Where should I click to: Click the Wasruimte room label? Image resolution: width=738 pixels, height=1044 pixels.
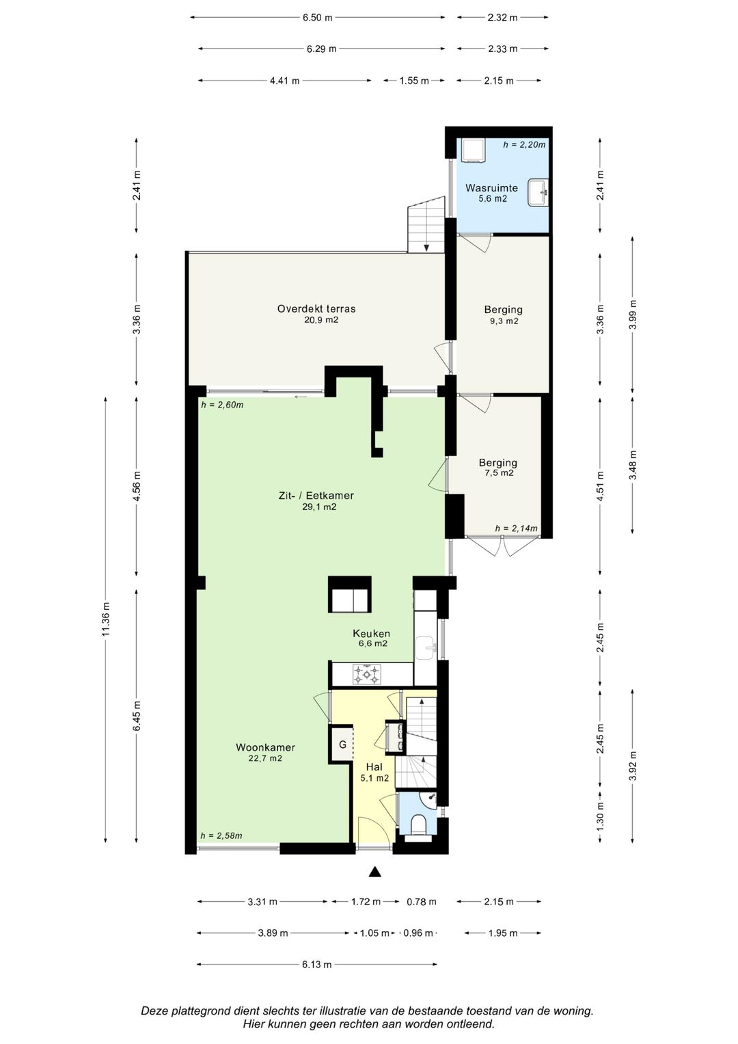coord(491,188)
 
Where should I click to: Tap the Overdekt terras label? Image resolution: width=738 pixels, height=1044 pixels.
coord(316,308)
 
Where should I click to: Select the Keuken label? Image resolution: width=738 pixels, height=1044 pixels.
coord(371,633)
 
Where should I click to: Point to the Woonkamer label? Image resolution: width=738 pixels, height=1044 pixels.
coord(266,747)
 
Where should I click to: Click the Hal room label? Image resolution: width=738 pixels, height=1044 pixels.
coord(374,766)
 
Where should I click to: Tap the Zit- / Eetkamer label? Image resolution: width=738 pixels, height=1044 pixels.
coord(316,496)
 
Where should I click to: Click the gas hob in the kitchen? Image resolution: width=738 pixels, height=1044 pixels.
coord(367,674)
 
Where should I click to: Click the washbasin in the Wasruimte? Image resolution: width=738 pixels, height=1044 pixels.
coord(538,192)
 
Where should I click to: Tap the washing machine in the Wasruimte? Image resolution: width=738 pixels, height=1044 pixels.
coord(473,150)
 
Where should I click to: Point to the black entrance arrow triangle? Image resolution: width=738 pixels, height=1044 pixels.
coord(374,872)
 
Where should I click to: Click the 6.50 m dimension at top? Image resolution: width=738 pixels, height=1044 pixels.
coord(317,18)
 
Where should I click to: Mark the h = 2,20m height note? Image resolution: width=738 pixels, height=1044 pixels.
coord(524,144)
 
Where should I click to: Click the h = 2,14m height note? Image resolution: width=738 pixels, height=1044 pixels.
coord(516,528)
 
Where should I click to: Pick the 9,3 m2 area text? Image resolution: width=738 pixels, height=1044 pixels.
coord(504,321)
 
